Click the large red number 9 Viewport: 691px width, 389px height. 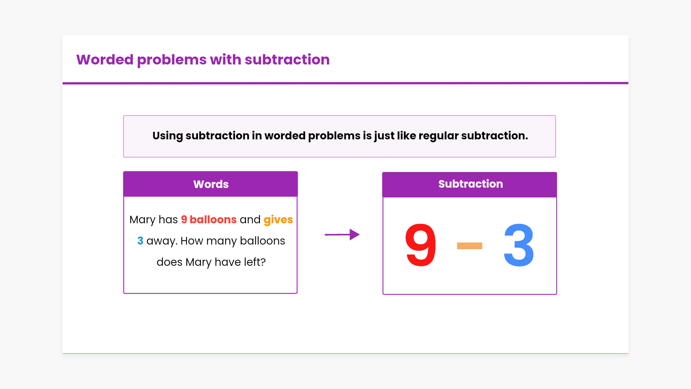(420, 245)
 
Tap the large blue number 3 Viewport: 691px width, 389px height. (519, 245)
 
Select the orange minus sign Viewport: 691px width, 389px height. (469, 246)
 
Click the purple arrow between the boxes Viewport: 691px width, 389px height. (342, 234)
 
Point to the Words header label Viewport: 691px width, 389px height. (211, 184)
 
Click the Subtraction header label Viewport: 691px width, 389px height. (470, 184)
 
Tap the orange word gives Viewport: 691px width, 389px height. (278, 220)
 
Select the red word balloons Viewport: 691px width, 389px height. (213, 220)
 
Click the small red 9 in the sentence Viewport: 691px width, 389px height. (184, 220)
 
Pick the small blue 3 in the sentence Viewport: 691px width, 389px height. (140, 241)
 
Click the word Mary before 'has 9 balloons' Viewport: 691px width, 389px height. (143, 220)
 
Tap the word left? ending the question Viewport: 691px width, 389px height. (255, 262)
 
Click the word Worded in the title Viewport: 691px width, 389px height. (105, 60)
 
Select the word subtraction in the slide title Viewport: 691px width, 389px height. (287, 60)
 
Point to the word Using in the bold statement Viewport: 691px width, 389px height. (168, 136)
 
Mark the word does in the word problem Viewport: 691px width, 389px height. (170, 262)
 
